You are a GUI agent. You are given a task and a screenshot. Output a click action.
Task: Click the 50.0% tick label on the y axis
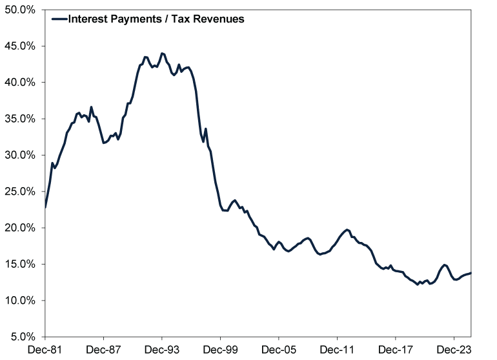[21, 10]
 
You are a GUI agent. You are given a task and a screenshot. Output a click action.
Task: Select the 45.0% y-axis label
[21, 46]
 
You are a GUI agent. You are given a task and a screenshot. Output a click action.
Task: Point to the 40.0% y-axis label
[21, 82]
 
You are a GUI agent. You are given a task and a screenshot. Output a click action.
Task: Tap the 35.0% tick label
[21, 119]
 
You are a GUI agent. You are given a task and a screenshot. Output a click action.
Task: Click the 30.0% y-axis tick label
[21, 155]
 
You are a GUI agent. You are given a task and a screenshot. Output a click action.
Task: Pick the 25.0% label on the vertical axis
[21, 191]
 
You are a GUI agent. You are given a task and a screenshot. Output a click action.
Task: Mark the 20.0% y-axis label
[21, 228]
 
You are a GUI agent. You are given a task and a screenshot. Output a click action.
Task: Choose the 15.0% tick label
[21, 264]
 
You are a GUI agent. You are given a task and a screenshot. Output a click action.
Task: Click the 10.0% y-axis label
[21, 300]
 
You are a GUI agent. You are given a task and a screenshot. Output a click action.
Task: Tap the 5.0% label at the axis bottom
[23, 336]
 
